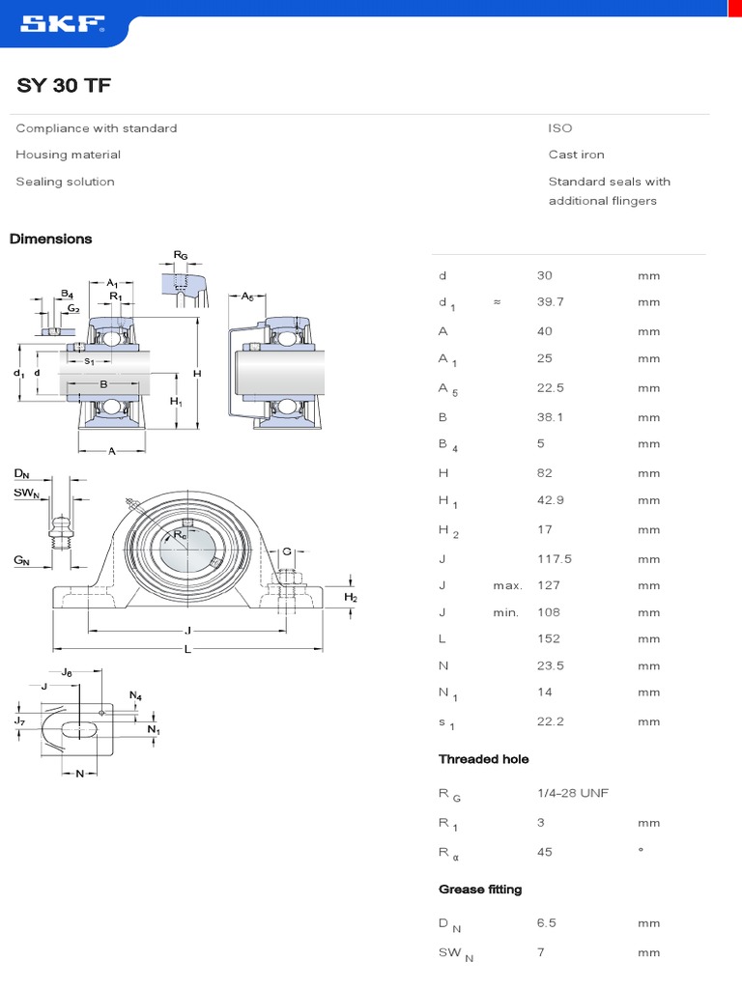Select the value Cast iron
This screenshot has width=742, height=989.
click(x=576, y=155)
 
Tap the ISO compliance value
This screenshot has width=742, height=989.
click(x=559, y=128)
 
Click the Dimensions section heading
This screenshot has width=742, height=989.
click(x=51, y=239)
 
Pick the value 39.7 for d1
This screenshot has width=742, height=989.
click(x=550, y=302)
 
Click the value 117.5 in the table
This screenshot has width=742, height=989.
click(x=554, y=559)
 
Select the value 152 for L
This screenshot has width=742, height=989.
click(x=548, y=639)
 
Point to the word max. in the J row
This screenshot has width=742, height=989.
click(x=507, y=585)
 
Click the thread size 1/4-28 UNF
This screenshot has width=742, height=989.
click(x=572, y=794)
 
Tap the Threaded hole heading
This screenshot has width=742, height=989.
click(x=483, y=759)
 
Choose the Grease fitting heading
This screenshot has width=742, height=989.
click(x=480, y=890)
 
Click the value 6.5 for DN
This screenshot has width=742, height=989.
click(x=546, y=923)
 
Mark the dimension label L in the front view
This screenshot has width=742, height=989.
click(x=187, y=649)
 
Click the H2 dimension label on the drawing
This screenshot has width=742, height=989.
click(x=351, y=599)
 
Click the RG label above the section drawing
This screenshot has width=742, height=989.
click(x=181, y=255)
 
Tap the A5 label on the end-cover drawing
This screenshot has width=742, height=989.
click(x=247, y=296)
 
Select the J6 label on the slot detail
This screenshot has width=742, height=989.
click(x=67, y=671)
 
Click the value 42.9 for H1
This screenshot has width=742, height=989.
click(x=550, y=500)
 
